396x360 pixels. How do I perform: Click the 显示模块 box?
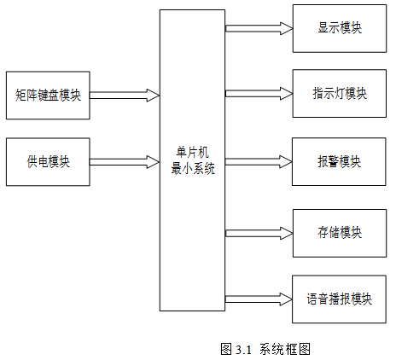[x=340, y=28]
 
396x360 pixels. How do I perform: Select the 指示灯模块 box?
[x=340, y=93]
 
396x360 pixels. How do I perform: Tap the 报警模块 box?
[x=339, y=162]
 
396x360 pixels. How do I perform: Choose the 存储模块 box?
[x=340, y=233]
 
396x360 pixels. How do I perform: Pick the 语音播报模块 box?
[x=339, y=299]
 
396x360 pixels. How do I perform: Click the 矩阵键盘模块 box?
[x=48, y=96]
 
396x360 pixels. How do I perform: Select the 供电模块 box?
[x=48, y=162]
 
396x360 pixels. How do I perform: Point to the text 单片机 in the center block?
[x=193, y=153]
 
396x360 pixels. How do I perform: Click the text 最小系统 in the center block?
[x=193, y=169]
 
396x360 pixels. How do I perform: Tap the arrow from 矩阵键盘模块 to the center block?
[x=125, y=96]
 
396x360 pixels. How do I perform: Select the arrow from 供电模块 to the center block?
[x=125, y=162]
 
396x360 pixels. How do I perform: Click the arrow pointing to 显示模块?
[x=259, y=28]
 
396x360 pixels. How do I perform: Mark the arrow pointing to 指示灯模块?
[x=259, y=93]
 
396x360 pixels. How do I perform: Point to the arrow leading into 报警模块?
[x=259, y=162]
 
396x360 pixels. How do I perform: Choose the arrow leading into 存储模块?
[x=259, y=233]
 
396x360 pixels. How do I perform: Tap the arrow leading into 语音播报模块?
[x=259, y=299]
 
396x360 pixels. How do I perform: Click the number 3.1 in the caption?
[x=244, y=350]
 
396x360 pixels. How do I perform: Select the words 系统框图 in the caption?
[x=285, y=349]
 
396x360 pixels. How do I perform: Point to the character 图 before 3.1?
[x=226, y=349]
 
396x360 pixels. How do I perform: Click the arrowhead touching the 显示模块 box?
[x=287, y=28]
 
